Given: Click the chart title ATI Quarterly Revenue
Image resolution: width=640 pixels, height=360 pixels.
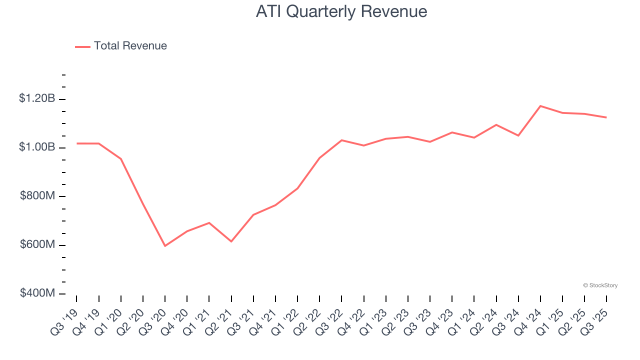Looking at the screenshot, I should (x=341, y=11).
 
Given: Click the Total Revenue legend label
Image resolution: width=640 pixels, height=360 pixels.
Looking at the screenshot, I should (x=130, y=46).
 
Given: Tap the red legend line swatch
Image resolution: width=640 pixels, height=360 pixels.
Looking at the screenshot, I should (x=82, y=46).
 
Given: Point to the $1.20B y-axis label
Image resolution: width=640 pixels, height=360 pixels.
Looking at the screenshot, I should (x=37, y=98).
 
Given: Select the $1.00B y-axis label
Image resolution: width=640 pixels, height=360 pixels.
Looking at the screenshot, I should (x=37, y=147).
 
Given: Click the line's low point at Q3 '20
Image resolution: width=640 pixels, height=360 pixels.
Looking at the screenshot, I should (x=165, y=246).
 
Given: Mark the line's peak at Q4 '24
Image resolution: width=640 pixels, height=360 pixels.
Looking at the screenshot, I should (x=540, y=106).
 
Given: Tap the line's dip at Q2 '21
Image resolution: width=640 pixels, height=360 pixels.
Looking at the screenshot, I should (x=231, y=241).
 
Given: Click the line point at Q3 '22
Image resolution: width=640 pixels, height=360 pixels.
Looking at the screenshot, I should (x=341, y=140).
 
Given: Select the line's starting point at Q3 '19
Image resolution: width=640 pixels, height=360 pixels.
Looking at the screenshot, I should (x=77, y=143).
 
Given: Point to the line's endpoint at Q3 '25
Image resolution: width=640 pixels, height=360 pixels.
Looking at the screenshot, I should (x=606, y=117).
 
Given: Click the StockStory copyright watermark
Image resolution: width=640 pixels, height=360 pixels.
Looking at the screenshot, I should (x=600, y=285).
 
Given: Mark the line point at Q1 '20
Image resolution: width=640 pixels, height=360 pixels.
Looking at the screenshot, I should (x=121, y=159).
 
